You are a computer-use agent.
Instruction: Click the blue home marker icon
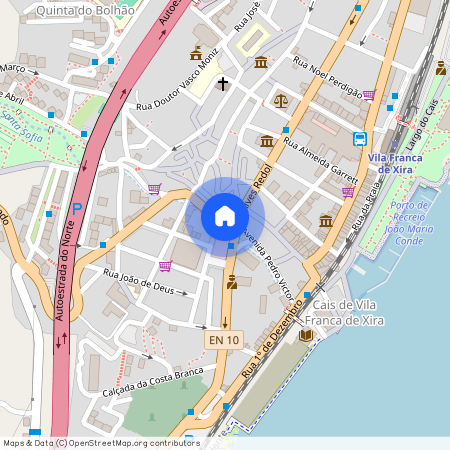click(224, 216)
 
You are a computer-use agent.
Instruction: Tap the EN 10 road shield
click(223, 341)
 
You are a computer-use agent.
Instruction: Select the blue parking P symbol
click(77, 209)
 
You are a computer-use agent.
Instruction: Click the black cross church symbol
click(221, 83)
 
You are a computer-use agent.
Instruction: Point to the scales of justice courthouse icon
click(280, 101)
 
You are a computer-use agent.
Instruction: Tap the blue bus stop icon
click(360, 139)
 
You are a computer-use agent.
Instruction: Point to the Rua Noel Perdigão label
click(328, 76)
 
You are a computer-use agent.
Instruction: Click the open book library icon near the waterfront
click(307, 335)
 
